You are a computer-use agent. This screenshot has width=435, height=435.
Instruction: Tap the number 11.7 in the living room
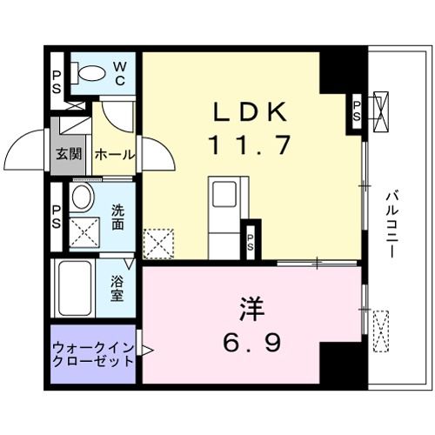(x=247, y=144)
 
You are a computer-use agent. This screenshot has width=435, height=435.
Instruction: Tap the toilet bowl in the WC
(x=87, y=74)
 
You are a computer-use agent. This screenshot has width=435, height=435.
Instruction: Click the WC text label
(x=120, y=74)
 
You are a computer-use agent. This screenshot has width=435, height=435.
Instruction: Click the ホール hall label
(x=115, y=156)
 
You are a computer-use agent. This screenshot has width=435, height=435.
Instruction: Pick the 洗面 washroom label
(x=119, y=216)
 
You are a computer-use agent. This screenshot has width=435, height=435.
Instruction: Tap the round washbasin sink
(x=83, y=197)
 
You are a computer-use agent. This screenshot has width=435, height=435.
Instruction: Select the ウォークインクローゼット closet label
(x=92, y=354)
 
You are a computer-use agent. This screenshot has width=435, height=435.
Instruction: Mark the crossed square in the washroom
(x=83, y=232)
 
